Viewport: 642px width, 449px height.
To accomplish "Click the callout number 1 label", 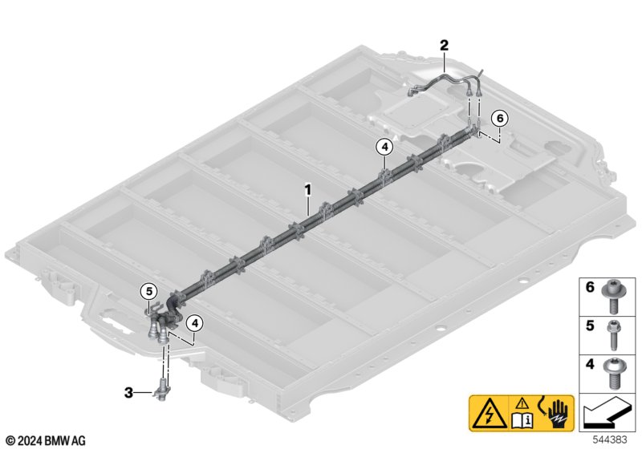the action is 308,190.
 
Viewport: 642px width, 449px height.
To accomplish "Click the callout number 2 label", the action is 445,45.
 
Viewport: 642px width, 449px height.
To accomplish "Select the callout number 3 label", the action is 128,394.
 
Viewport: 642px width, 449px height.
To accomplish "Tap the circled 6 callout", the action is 499,119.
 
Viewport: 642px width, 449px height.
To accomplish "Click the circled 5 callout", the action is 148,292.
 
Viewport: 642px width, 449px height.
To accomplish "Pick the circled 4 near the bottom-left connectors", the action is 194,323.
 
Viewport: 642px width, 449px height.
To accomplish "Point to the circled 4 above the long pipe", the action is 384,147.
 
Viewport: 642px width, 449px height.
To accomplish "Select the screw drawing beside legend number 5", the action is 614,335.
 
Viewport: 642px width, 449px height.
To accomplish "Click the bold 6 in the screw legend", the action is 590,287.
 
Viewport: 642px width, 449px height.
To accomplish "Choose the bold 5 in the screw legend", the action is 590,326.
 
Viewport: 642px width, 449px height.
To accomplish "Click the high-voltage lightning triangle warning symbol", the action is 489,414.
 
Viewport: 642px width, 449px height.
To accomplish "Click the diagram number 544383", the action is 610,440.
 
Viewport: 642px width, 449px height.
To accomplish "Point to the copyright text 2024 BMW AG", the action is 46,441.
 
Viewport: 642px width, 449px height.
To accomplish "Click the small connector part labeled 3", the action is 162,388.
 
